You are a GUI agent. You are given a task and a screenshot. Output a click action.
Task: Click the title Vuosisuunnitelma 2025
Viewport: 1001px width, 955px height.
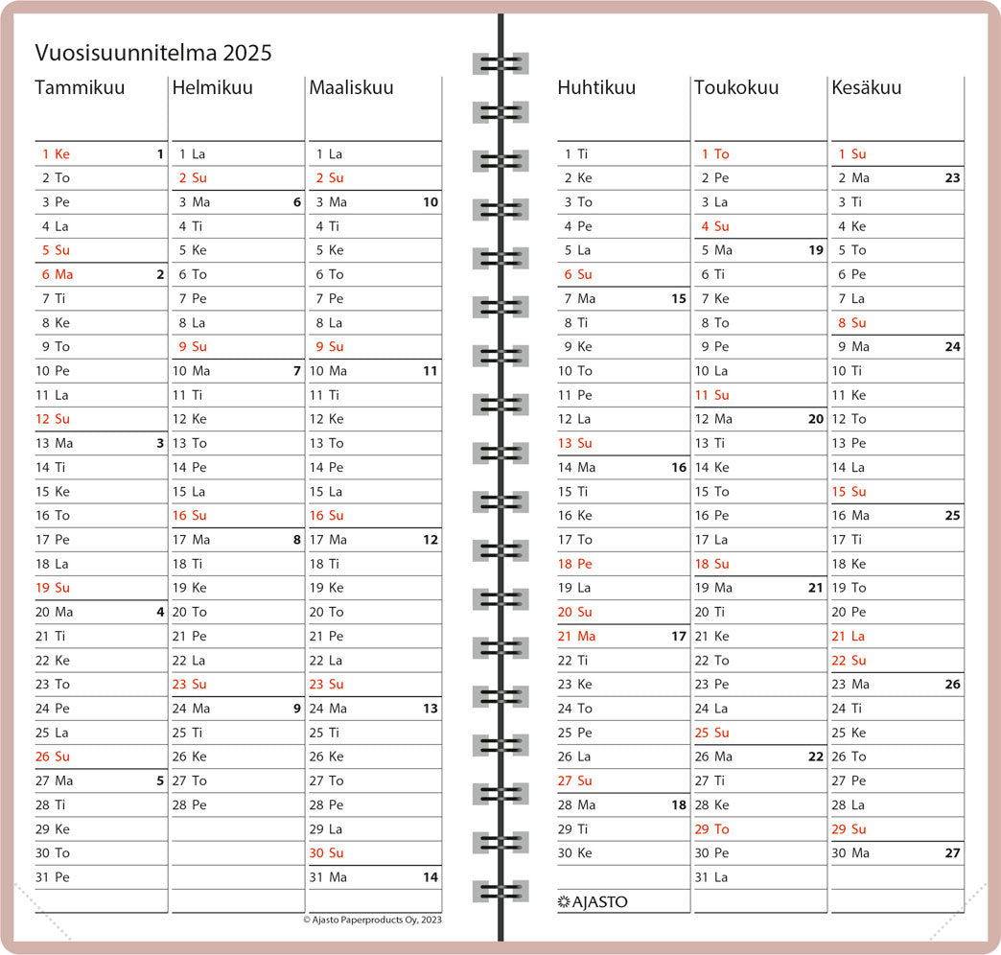(153, 53)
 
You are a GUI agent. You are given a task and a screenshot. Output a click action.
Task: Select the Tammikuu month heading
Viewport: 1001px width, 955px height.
(80, 87)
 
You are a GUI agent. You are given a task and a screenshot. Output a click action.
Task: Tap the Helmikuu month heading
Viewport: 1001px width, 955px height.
(213, 87)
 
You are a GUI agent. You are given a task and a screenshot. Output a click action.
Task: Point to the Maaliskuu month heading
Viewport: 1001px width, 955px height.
(352, 87)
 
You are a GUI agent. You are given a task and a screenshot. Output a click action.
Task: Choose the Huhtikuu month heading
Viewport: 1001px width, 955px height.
(596, 87)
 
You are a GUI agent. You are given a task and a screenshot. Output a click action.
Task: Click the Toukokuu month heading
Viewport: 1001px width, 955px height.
(736, 87)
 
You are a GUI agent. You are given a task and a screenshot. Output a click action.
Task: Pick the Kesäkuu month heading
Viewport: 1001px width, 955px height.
(867, 87)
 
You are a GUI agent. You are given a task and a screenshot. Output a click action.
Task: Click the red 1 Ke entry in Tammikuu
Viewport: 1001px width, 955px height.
(57, 153)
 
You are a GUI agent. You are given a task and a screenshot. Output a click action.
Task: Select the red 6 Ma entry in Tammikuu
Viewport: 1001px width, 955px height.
(58, 274)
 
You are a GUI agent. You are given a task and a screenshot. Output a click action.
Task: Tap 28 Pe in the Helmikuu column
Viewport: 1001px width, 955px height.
(190, 805)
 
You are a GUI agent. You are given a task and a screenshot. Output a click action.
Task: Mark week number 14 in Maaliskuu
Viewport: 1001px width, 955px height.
(431, 877)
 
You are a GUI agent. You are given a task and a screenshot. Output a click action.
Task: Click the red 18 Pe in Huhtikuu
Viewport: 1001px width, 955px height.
(574, 564)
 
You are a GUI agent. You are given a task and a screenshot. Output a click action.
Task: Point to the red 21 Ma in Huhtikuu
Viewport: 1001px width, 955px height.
(576, 636)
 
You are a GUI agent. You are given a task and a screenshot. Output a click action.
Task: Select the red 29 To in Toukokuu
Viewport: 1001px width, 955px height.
(711, 829)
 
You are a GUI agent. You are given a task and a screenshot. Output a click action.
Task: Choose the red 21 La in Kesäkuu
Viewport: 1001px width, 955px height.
(849, 636)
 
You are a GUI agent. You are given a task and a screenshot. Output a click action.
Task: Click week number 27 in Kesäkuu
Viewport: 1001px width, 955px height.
(952, 852)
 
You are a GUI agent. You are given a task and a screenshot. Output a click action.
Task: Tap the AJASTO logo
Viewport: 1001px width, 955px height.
(593, 901)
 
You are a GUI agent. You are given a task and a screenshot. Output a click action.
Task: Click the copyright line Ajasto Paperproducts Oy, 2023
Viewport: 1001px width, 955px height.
(372, 920)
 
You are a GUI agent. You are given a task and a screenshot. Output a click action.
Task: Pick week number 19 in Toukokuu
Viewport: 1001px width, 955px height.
(816, 250)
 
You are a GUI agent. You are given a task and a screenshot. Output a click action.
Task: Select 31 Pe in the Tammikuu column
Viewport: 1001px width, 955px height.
(53, 877)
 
